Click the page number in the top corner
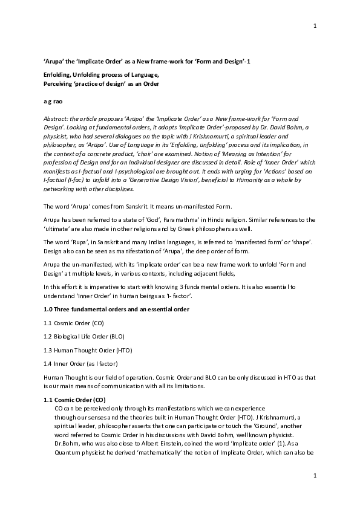tap(315, 25)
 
